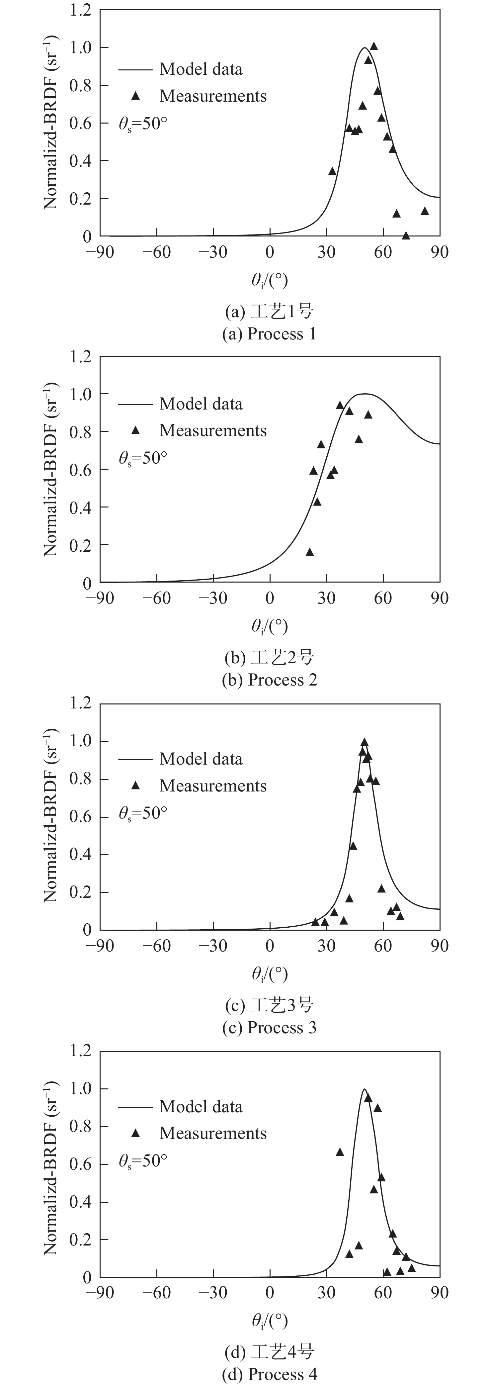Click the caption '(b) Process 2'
pos(270,680)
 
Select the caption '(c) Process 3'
pos(270,1028)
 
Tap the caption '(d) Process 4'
pos(270,1375)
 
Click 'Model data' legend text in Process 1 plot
pos(201,69)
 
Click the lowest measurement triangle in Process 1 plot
pos(406,236)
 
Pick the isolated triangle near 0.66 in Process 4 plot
pos(339,1152)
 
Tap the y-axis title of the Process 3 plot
pos(51,817)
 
